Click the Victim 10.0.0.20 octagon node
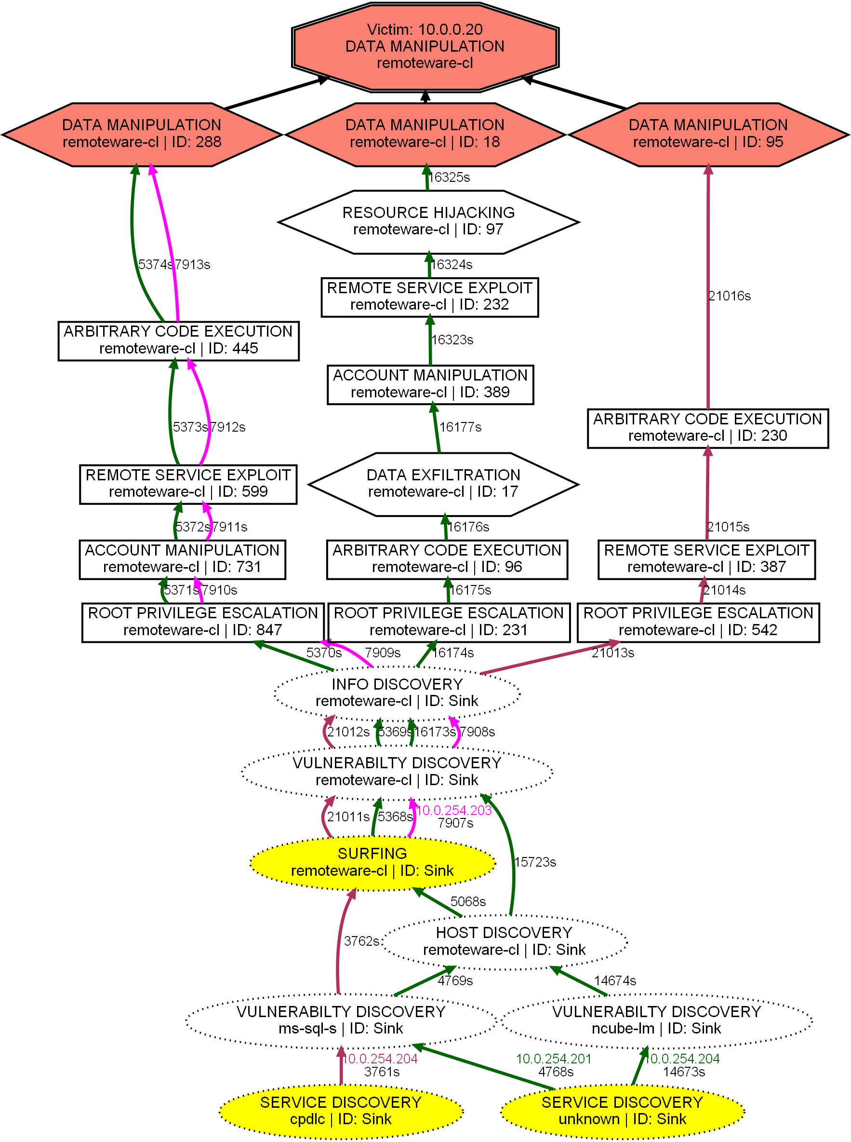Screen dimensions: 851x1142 [425, 47]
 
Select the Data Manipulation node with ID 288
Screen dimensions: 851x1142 [142, 134]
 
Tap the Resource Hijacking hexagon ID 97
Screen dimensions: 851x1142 [428, 222]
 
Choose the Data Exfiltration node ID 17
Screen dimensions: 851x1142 [443, 484]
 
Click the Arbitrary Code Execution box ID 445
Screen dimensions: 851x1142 [178, 340]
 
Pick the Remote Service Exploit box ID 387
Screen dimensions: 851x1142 [706, 559]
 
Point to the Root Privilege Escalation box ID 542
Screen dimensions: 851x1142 [698, 622]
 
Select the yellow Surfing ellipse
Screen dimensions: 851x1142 [372, 863]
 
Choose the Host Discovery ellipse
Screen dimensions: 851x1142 [505, 941]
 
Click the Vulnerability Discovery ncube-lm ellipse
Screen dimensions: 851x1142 [656, 1020]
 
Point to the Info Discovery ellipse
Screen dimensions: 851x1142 [397, 693]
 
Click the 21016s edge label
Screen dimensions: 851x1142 [730, 296]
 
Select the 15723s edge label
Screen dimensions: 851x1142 [535, 862]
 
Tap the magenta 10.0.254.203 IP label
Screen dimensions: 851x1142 [454, 811]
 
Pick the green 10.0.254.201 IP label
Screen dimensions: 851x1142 [554, 1059]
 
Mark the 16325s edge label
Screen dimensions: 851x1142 [449, 177]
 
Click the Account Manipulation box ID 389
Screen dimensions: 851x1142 [430, 384]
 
